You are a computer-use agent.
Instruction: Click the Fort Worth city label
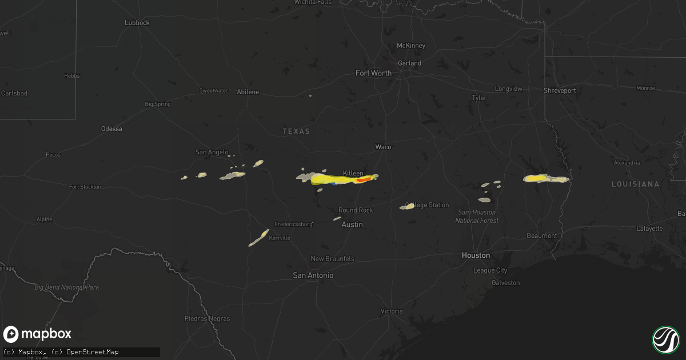(373, 73)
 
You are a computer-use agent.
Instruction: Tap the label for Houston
(476, 255)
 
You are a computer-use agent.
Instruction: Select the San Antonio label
(313, 275)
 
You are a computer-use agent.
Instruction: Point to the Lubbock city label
(137, 23)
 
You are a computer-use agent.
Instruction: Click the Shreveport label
(560, 90)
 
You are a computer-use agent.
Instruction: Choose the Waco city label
(383, 147)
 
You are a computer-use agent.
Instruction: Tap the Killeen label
(353, 173)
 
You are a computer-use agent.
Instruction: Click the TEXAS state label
(296, 131)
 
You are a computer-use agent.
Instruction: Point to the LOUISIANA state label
(635, 185)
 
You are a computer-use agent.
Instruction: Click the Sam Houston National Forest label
(477, 216)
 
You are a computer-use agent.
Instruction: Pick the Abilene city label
(248, 92)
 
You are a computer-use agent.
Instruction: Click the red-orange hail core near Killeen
(364, 179)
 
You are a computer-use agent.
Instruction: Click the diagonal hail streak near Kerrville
(258, 238)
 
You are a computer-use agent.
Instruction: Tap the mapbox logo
(38, 334)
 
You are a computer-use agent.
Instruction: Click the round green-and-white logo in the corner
(665, 339)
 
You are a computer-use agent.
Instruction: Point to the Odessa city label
(111, 129)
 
